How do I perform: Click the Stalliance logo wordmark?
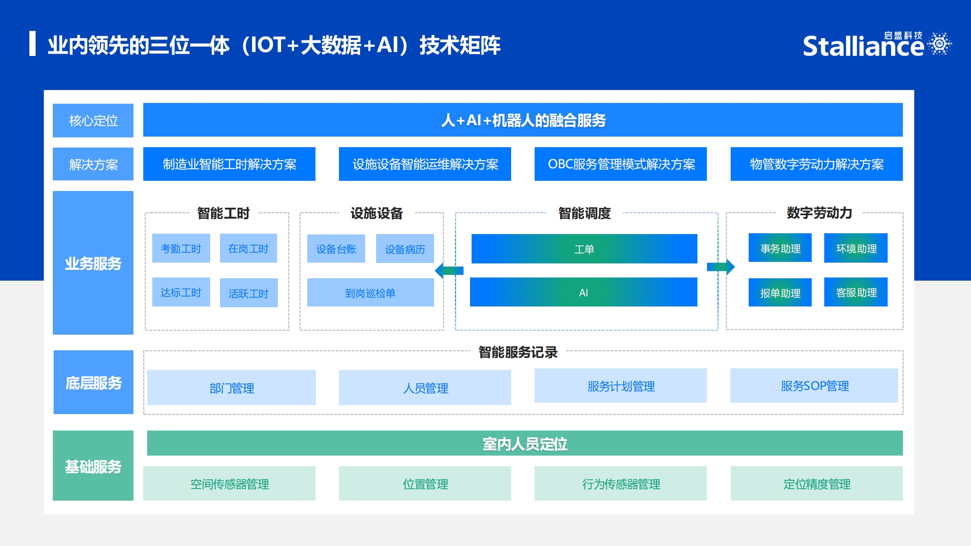pyautogui.click(x=863, y=46)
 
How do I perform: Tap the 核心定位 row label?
pyautogui.click(x=93, y=121)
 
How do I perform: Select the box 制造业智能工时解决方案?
pyautogui.click(x=229, y=164)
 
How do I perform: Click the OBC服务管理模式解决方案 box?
pyautogui.click(x=621, y=164)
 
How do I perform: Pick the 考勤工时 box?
pyautogui.click(x=181, y=248)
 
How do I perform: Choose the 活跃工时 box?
pyautogui.click(x=249, y=293)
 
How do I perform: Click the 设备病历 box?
pyautogui.click(x=405, y=249)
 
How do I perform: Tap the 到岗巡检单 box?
pyautogui.click(x=371, y=292)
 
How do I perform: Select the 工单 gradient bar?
pyautogui.click(x=584, y=249)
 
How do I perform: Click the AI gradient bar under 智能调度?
pyautogui.click(x=584, y=292)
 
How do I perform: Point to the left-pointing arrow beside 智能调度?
pyautogui.click(x=449, y=270)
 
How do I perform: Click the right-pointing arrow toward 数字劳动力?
pyautogui.click(x=721, y=267)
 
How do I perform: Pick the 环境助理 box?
pyautogui.click(x=856, y=248)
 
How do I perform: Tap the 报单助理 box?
pyautogui.click(x=780, y=292)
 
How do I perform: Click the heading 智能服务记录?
pyautogui.click(x=518, y=352)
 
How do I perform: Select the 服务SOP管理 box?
pyautogui.click(x=814, y=386)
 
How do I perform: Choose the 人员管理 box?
pyautogui.click(x=425, y=387)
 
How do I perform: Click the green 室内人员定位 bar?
pyautogui.click(x=525, y=443)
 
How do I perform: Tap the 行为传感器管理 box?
pyautogui.click(x=621, y=483)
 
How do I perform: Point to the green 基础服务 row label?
pyautogui.click(x=93, y=466)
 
